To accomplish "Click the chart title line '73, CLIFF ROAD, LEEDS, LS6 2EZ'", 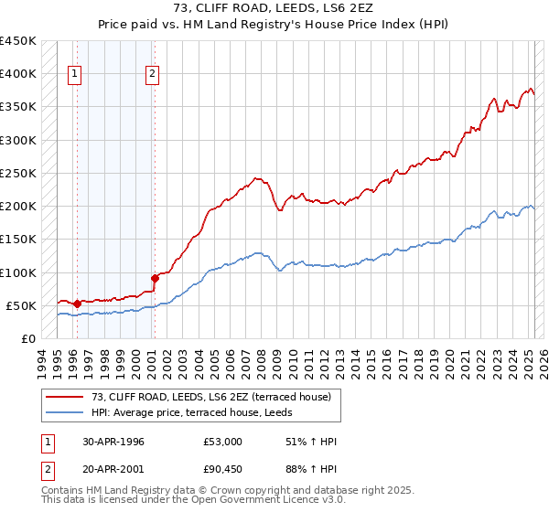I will tap(274, 8).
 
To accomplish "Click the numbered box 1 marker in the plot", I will tap(74, 75).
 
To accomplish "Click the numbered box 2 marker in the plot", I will tap(152, 75).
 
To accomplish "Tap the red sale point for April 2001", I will tap(154, 278).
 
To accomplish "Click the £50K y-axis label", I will tap(21, 305).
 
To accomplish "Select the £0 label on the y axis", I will tap(28, 338).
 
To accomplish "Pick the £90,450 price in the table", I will tap(222, 471).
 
